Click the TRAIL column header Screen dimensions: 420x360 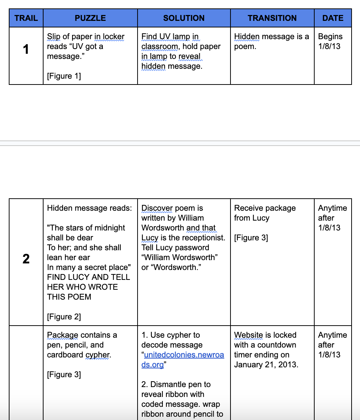26,18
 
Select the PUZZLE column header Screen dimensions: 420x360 90,18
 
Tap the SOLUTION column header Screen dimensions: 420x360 184,18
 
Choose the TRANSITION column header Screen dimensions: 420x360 272,18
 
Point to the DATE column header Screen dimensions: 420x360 333,18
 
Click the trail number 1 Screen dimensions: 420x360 26,49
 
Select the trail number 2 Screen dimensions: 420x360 26,259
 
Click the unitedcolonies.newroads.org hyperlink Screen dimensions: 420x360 183,360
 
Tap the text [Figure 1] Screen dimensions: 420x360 64,76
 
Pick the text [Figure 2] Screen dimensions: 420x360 64,317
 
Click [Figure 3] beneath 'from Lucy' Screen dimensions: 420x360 251,238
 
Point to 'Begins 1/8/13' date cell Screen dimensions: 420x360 330,41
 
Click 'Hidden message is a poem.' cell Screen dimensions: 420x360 271,41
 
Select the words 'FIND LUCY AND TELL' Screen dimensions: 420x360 88,277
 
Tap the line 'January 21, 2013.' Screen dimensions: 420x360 266,365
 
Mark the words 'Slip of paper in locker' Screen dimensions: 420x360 86,37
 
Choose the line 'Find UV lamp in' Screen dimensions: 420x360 170,37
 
